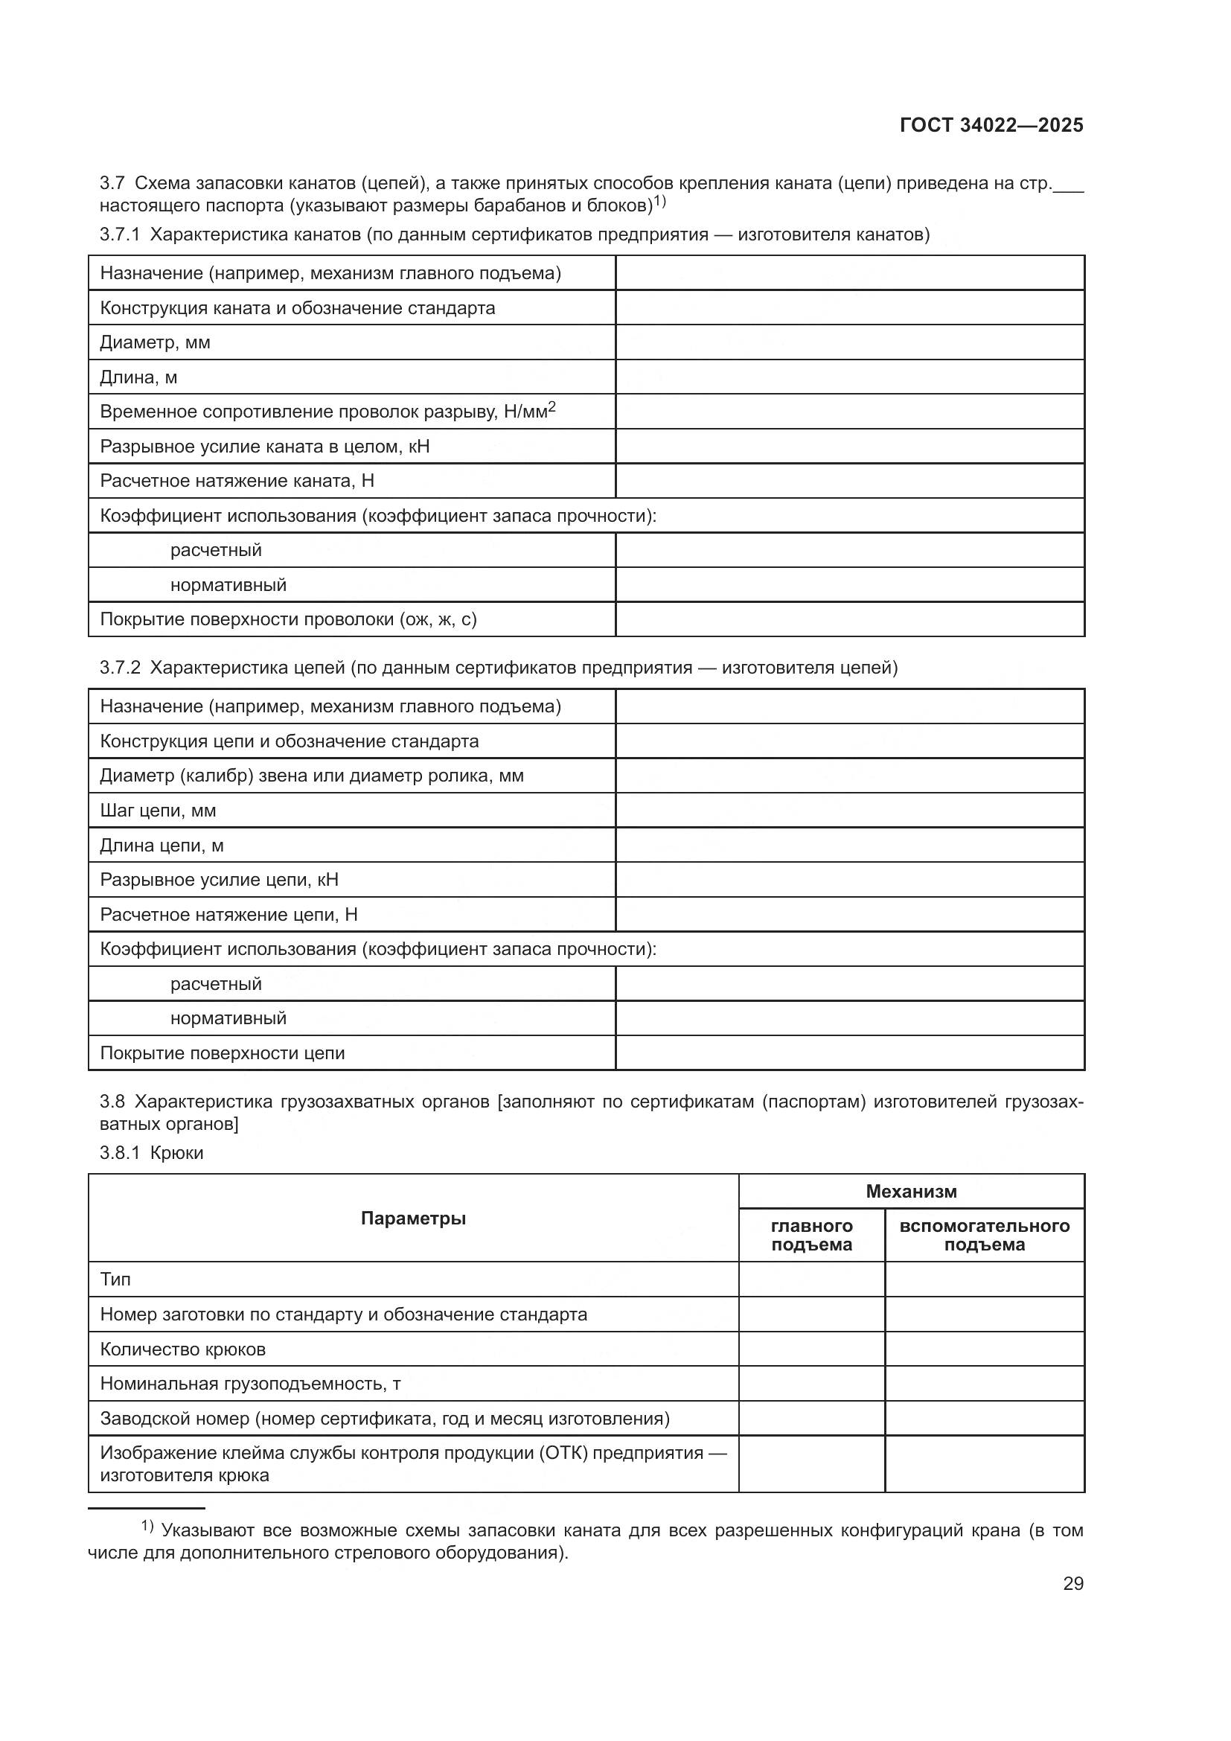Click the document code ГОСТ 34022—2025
[x=991, y=126]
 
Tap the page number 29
[x=1072, y=1583]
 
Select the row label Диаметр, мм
[x=156, y=342]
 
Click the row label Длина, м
[x=138, y=377]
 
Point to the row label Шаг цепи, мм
[x=158, y=811]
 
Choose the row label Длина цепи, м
[x=162, y=846]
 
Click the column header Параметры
[x=413, y=1218]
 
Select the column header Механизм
[x=911, y=1191]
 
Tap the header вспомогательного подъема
[x=984, y=1236]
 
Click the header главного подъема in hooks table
[x=811, y=1236]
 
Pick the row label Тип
[x=115, y=1280]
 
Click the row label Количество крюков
[x=182, y=1349]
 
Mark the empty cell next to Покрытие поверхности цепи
[x=849, y=1053]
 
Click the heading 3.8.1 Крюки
[x=152, y=1153]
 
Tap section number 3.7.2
[x=120, y=668]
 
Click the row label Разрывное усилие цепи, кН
[x=219, y=880]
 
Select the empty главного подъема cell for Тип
[x=811, y=1280]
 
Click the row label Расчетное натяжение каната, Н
[x=237, y=481]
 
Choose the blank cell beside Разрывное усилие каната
[x=849, y=447]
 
